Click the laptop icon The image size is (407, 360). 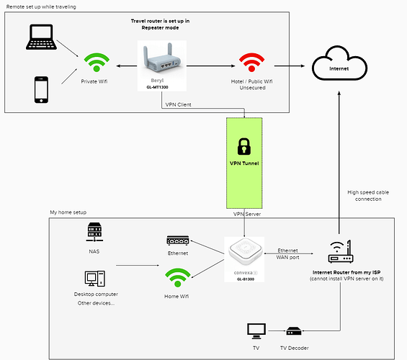[x=41, y=37]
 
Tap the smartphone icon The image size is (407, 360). [x=41, y=90]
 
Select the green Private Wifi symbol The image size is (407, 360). [x=97, y=62]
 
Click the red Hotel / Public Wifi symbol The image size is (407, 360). [x=251, y=62]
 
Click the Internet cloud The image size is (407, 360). [x=339, y=63]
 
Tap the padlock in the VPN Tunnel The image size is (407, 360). [x=244, y=147]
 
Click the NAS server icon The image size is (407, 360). [x=94, y=232]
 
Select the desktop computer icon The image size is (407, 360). [x=95, y=279]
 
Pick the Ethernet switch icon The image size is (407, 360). [x=178, y=240]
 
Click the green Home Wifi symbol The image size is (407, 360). [x=178, y=277]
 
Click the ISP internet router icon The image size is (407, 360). [x=341, y=252]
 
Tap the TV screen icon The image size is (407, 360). [x=256, y=331]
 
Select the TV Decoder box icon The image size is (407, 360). [x=294, y=331]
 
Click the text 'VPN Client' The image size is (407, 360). [x=179, y=104]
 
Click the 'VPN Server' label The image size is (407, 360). [x=247, y=214]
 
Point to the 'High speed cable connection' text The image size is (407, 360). [x=368, y=196]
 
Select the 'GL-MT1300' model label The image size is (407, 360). [x=157, y=87]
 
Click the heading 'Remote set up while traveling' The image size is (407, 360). [x=41, y=6]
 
